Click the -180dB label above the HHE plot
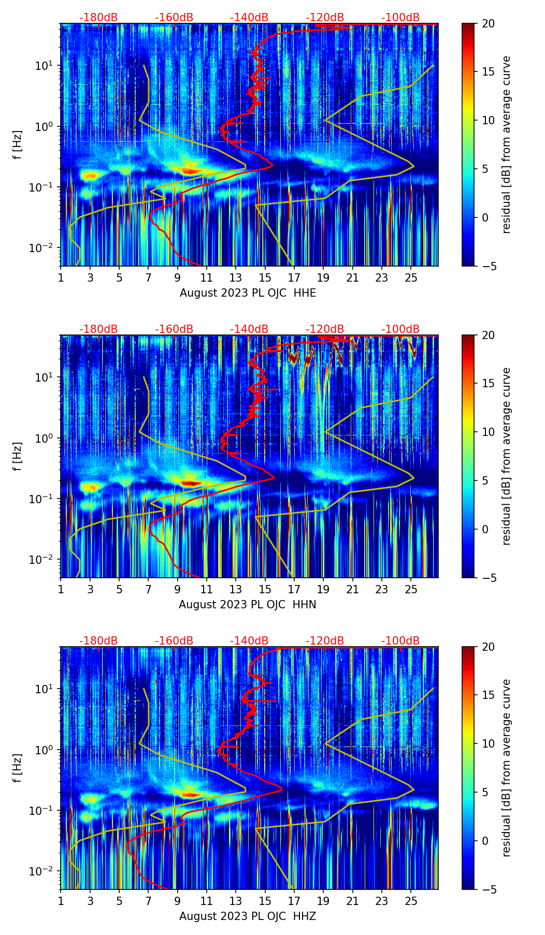pos(98,18)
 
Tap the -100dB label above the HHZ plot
pos(400,641)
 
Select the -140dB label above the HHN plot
pos(249,329)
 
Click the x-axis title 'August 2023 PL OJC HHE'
pos(248,293)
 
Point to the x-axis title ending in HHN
pos(248,605)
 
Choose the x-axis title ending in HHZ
pos(248,916)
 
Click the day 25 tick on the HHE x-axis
pos(411,278)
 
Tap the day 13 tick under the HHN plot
pos(236,590)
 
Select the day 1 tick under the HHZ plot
pos(61,901)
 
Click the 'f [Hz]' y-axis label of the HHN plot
pos(18,456)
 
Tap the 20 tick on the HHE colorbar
pos(488,24)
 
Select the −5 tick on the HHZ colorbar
pos(488,889)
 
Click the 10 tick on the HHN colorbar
pos(488,432)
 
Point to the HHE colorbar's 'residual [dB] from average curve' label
pos(506,144)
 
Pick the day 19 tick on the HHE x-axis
pos(323,278)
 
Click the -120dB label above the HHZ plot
pos(325,641)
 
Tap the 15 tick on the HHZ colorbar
pos(488,695)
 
